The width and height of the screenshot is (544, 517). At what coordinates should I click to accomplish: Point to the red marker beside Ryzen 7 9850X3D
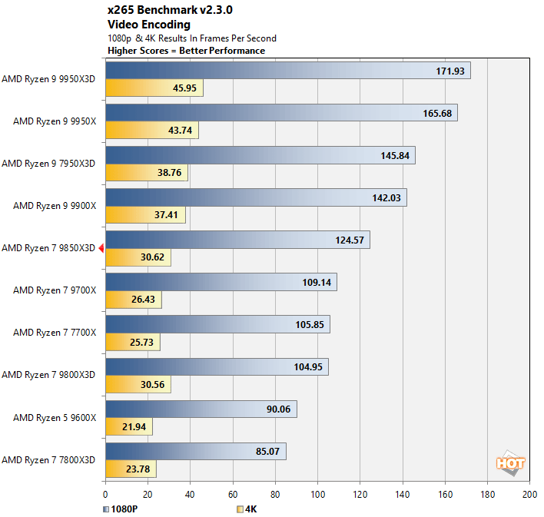point(101,247)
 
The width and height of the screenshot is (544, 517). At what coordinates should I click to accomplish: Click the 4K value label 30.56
point(150,384)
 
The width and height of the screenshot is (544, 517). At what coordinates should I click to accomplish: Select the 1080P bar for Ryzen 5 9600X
point(201,409)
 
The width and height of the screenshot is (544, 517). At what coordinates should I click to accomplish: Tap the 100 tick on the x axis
point(317,495)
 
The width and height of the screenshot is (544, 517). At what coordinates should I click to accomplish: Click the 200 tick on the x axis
point(529,495)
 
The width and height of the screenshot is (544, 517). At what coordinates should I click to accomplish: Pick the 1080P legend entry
point(121,508)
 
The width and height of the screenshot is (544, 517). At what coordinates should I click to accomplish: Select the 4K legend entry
point(247,508)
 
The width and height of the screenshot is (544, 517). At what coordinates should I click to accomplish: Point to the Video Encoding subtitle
point(149,25)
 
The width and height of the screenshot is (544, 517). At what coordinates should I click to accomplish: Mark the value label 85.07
point(267,451)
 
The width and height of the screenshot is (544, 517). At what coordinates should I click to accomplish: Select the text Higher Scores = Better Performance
point(187,51)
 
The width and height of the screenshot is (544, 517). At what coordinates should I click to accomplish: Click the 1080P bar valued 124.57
point(237,240)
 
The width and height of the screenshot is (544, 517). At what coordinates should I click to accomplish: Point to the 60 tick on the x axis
point(233,495)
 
